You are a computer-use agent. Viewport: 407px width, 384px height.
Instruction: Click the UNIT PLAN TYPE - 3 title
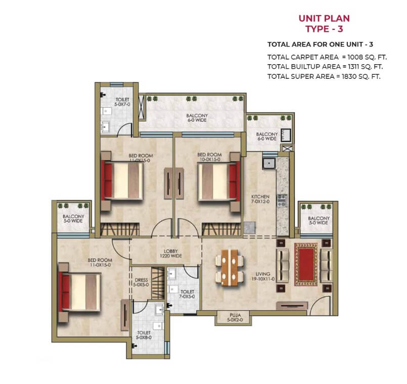click(324, 24)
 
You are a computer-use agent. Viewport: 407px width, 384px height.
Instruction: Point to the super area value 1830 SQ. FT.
click(361, 76)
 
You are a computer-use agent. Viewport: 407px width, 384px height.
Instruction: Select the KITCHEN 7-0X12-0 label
click(260, 199)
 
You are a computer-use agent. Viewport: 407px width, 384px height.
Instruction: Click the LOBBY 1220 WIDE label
click(171, 254)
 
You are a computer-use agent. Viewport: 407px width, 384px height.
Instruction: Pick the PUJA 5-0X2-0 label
click(235, 318)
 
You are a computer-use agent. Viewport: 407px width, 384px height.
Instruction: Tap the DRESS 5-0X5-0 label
click(141, 282)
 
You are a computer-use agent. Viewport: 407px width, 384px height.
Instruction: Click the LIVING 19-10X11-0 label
click(263, 276)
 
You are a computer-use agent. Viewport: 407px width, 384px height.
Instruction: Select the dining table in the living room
click(230, 268)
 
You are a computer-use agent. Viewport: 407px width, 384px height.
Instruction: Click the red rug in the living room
click(306, 264)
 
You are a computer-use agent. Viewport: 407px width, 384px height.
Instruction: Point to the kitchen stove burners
click(282, 200)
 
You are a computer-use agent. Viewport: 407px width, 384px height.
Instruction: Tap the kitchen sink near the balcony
click(269, 164)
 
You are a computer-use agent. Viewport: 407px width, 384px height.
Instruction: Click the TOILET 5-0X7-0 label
click(122, 102)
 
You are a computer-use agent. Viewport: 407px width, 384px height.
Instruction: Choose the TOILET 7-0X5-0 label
click(188, 294)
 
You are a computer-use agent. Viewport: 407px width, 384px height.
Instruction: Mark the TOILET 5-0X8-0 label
click(144, 335)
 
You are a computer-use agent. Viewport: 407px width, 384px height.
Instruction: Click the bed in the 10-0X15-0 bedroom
click(219, 181)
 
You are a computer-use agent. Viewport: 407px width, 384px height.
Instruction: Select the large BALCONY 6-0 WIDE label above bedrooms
click(197, 118)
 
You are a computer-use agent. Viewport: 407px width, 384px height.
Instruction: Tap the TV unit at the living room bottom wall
click(292, 306)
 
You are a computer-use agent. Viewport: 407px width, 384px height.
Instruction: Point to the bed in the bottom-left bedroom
click(80, 293)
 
